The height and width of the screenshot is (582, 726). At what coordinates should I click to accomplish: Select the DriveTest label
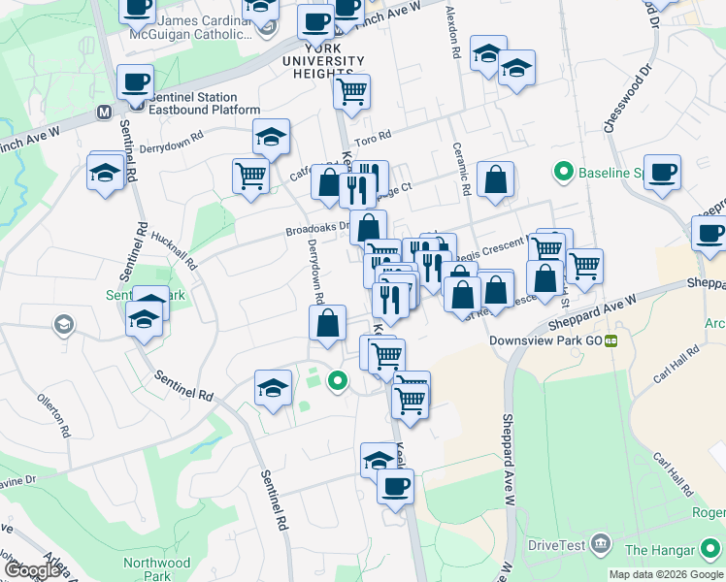554,545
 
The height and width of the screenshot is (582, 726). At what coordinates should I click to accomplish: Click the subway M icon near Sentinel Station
105,113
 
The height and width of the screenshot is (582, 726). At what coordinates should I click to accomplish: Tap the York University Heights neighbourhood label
322,61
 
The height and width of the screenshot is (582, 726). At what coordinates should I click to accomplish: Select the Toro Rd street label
373,139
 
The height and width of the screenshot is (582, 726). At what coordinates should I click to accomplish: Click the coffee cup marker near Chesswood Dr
662,174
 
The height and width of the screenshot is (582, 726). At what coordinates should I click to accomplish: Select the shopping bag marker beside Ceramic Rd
495,179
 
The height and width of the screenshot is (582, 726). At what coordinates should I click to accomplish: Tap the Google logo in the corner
33,569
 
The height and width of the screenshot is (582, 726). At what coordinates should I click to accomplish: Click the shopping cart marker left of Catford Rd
250,177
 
